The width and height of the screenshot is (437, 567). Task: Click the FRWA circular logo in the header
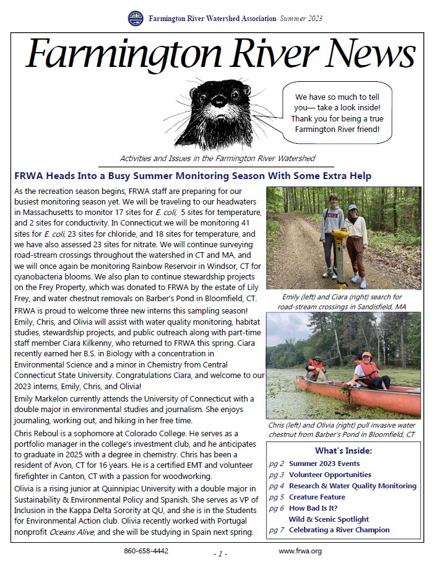(135, 19)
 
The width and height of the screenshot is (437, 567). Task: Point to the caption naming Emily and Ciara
(344, 301)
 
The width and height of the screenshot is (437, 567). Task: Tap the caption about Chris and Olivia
(343, 431)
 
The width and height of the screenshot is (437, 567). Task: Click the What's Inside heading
(344, 451)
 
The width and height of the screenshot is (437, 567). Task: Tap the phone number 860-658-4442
(146, 551)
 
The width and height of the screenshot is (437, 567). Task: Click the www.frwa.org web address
(300, 551)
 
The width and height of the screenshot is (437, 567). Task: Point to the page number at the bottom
(221, 553)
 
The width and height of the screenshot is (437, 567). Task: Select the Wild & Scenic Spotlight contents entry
(329, 519)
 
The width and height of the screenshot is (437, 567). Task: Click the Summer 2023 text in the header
(300, 19)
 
